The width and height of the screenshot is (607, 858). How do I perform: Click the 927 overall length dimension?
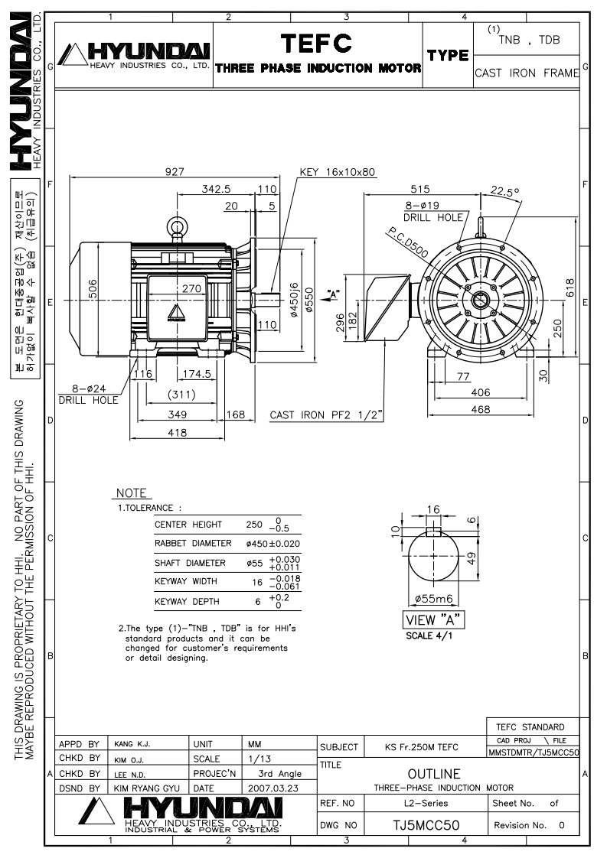click(x=175, y=171)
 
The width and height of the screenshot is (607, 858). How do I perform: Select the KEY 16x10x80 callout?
click(x=337, y=172)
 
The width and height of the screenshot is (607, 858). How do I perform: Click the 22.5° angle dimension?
click(x=504, y=191)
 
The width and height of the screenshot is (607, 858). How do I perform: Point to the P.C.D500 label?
click(x=407, y=242)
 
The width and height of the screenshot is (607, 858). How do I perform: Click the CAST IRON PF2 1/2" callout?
click(x=326, y=414)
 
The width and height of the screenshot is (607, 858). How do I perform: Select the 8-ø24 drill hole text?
click(x=89, y=388)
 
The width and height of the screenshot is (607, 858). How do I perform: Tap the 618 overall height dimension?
click(x=569, y=288)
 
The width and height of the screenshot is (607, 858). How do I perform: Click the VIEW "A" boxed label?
click(x=433, y=620)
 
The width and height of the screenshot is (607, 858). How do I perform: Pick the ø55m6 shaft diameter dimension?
click(x=434, y=599)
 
